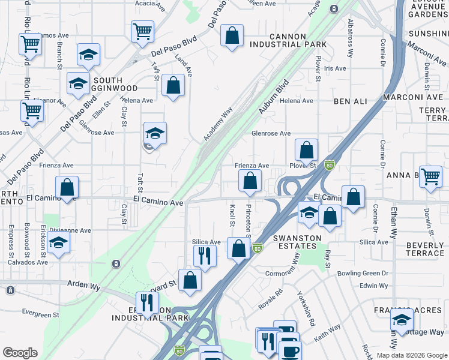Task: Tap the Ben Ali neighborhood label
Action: point(351,101)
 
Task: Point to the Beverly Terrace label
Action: point(424,249)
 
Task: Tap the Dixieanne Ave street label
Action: point(70,230)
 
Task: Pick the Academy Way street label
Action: point(217,124)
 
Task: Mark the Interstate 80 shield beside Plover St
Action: point(329,164)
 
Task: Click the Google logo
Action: point(20,353)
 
